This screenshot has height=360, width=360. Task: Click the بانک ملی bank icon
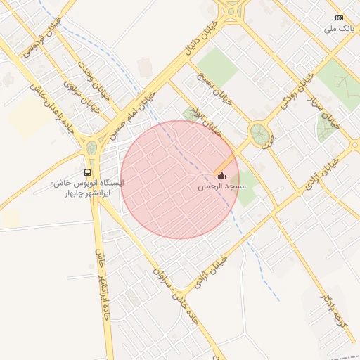click(x=340, y=18)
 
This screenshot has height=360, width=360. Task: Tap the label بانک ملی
click(x=340, y=29)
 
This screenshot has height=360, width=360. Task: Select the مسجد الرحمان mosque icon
click(x=222, y=176)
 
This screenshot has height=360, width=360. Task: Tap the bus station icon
click(x=87, y=172)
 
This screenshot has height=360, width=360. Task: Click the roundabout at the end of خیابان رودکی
click(x=259, y=132)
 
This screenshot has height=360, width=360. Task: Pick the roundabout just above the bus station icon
click(x=91, y=148)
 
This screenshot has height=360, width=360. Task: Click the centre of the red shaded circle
click(x=180, y=179)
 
